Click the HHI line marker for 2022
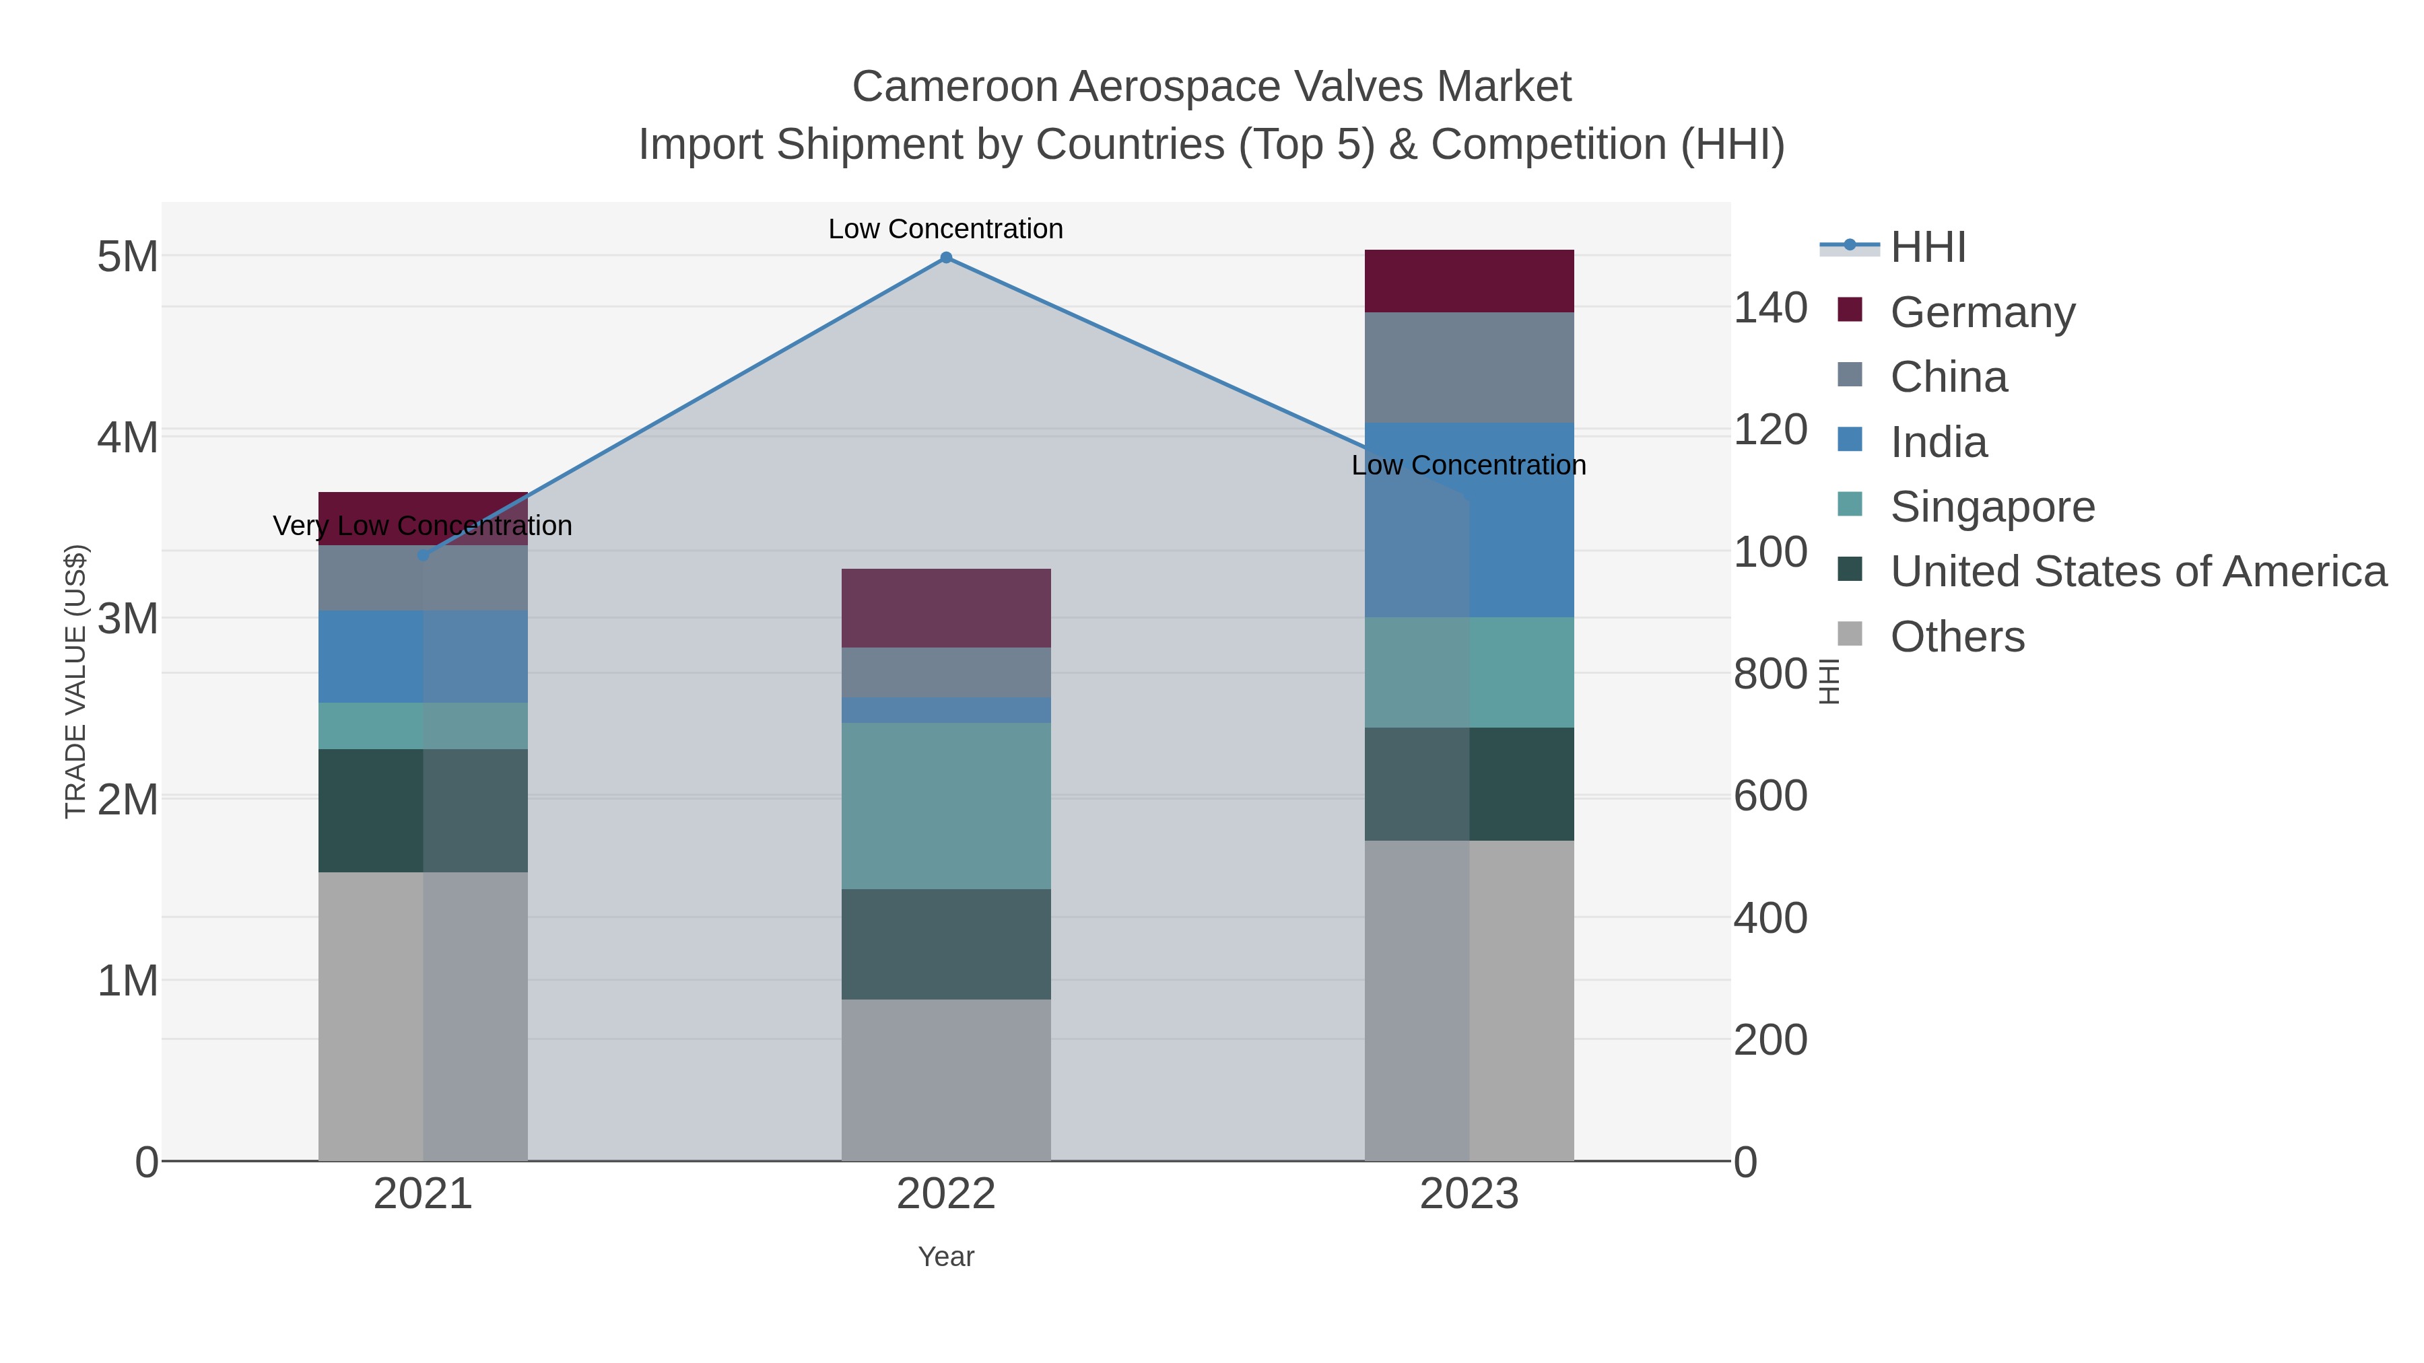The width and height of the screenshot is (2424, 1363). (x=946, y=258)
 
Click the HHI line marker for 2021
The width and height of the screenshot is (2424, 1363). (x=424, y=555)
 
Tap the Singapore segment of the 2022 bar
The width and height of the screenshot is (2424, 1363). (x=946, y=806)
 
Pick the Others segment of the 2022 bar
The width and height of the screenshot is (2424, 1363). (x=946, y=1080)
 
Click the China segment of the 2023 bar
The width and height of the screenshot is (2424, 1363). (x=1469, y=368)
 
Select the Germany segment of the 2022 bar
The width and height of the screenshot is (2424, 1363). (x=946, y=608)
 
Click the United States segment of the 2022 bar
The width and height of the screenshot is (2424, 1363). (x=946, y=944)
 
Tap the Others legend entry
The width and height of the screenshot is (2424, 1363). (x=1956, y=637)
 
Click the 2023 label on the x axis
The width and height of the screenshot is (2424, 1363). (x=1469, y=1195)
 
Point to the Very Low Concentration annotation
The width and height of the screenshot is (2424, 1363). (x=422, y=526)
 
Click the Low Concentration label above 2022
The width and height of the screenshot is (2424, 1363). (x=946, y=229)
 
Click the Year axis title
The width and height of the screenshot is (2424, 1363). (x=946, y=1257)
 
